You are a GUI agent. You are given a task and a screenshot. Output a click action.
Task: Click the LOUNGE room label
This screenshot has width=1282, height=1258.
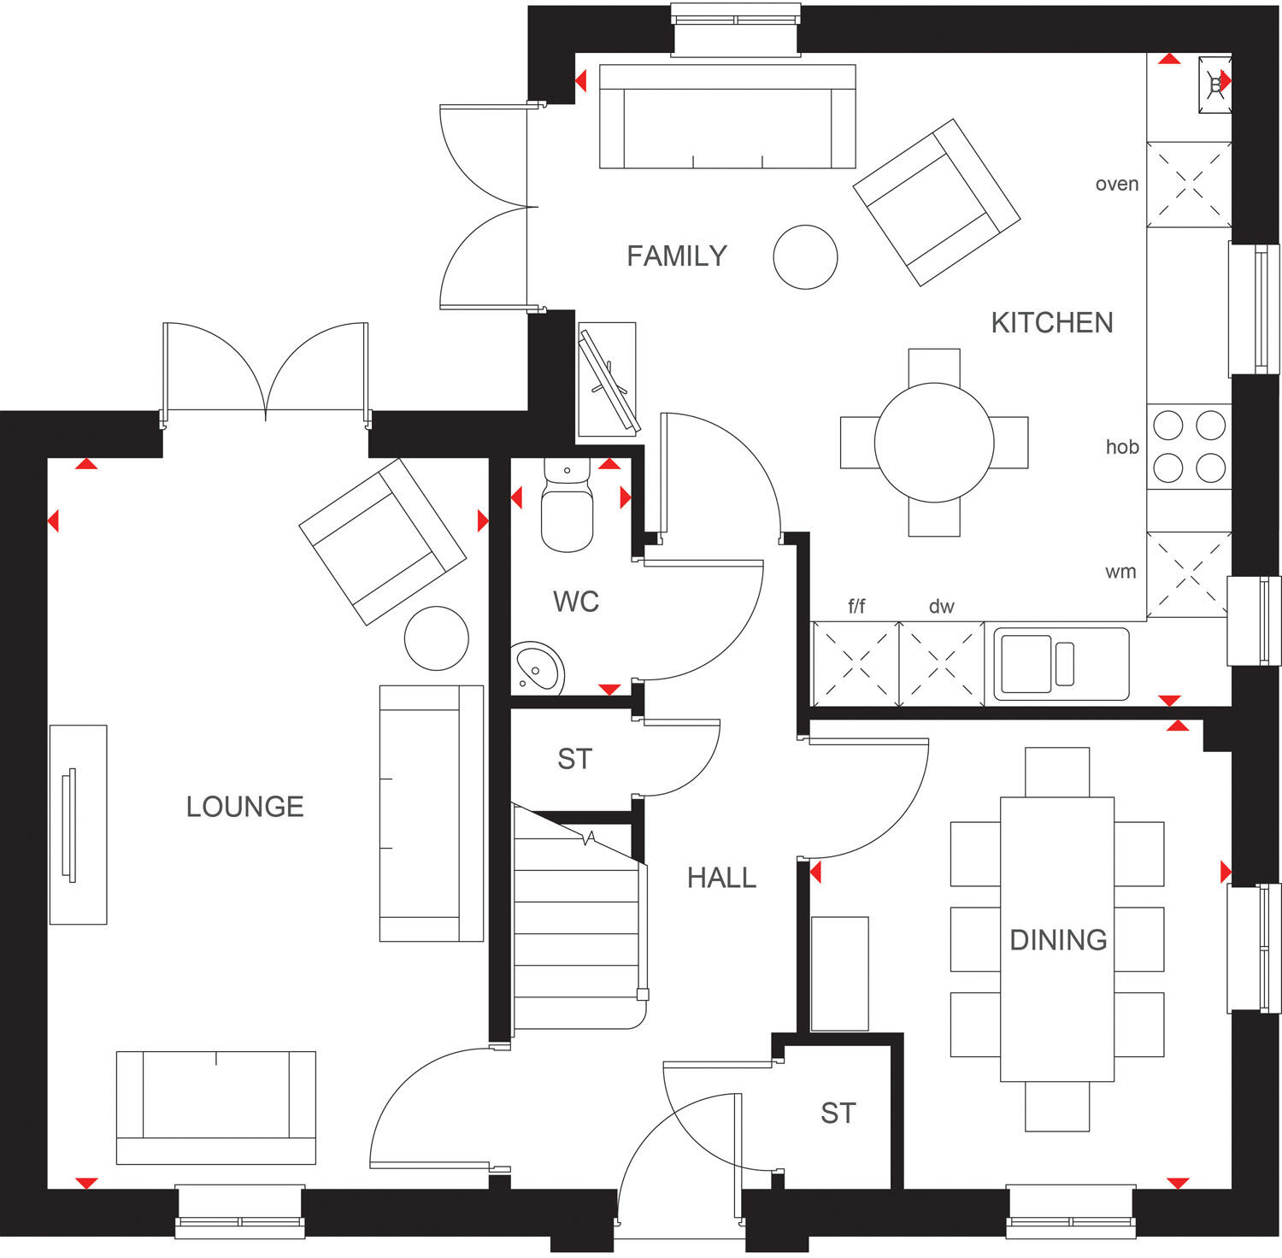click(244, 807)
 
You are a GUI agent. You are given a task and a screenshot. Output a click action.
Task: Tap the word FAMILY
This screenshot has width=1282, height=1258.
click(676, 256)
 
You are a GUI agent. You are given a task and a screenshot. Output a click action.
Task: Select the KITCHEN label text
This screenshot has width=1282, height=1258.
click(1051, 323)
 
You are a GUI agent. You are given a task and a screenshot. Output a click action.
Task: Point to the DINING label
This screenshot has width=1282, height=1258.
click(1058, 940)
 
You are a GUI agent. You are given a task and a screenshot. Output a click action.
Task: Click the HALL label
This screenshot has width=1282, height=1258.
click(721, 879)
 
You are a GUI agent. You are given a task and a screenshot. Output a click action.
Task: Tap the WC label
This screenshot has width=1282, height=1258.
click(575, 602)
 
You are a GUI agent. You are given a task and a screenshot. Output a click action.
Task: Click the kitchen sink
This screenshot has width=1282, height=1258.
click(1056, 663)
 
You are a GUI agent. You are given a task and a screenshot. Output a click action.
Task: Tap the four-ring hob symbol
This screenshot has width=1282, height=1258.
click(1189, 446)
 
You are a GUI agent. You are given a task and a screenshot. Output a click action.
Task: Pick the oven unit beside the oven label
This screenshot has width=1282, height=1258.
click(1189, 185)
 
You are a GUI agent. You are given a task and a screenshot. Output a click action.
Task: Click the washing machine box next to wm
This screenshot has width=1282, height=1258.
click(1188, 574)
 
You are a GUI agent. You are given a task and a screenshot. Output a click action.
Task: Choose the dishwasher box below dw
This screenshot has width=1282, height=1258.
click(942, 663)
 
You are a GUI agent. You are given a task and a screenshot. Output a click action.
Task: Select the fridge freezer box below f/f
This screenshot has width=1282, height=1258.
click(856, 663)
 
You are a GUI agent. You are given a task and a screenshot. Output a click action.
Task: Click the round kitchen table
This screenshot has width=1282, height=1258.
click(934, 443)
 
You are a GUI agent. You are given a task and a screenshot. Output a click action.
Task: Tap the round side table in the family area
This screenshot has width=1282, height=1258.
click(805, 257)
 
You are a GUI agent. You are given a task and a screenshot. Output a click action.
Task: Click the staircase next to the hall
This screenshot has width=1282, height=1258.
click(577, 932)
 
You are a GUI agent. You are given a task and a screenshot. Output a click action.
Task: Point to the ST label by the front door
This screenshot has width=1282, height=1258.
click(838, 1114)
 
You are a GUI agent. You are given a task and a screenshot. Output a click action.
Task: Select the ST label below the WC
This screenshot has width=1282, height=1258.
click(574, 759)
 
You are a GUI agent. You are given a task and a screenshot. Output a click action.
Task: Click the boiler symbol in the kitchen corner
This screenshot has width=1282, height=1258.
click(1214, 84)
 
